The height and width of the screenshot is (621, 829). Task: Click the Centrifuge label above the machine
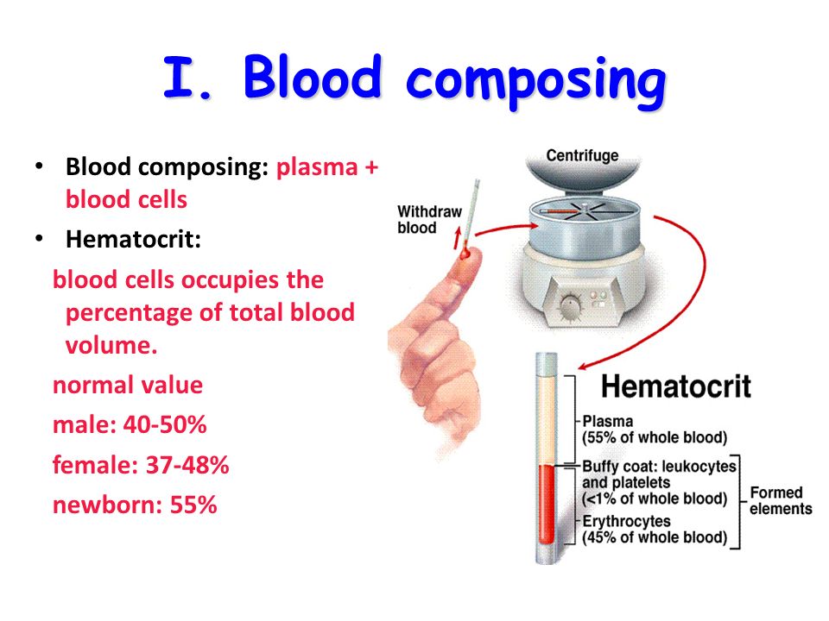point(582,155)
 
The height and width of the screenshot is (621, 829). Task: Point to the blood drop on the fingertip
point(465,254)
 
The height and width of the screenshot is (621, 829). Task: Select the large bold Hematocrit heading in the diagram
point(676,386)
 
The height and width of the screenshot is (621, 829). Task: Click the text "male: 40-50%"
point(130,424)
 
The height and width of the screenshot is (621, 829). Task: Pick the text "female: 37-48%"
point(141,465)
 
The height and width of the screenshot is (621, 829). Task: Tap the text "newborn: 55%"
point(135,505)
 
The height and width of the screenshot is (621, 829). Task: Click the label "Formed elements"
point(781,500)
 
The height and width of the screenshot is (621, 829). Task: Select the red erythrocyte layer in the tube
point(546,505)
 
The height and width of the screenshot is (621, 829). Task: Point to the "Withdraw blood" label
point(429,220)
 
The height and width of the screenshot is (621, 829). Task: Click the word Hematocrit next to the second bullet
point(133,239)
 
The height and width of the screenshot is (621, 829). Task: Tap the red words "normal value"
point(128,385)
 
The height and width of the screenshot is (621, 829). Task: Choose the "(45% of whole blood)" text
point(655,537)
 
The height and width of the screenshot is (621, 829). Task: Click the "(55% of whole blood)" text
point(655,438)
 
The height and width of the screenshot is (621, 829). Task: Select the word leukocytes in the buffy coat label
point(699,467)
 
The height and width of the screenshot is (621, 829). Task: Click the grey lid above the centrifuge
point(582,168)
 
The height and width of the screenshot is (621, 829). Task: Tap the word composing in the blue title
point(535,82)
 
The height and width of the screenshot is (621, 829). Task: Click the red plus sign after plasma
point(371,167)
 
